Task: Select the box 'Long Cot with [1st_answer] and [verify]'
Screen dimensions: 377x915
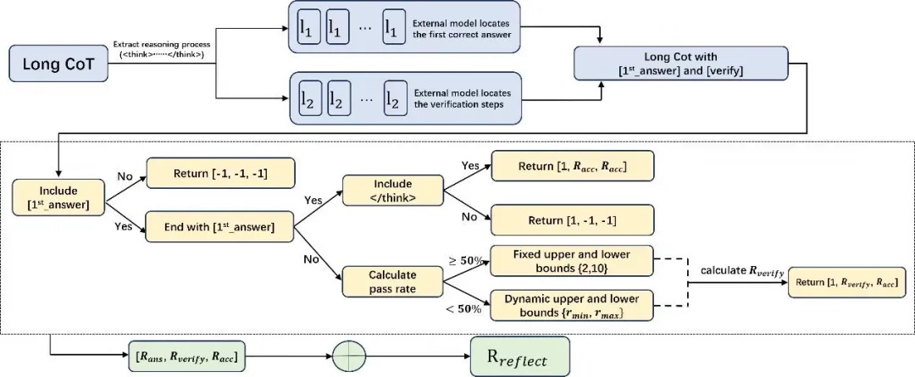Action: coord(681,64)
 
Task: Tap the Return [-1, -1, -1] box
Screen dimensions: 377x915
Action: coord(221,174)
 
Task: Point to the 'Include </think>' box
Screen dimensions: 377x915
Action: coord(392,189)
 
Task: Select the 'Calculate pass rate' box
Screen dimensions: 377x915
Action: coord(392,282)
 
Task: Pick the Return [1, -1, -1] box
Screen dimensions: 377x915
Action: coord(574,221)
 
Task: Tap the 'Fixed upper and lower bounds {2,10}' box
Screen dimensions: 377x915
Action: coord(573,259)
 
